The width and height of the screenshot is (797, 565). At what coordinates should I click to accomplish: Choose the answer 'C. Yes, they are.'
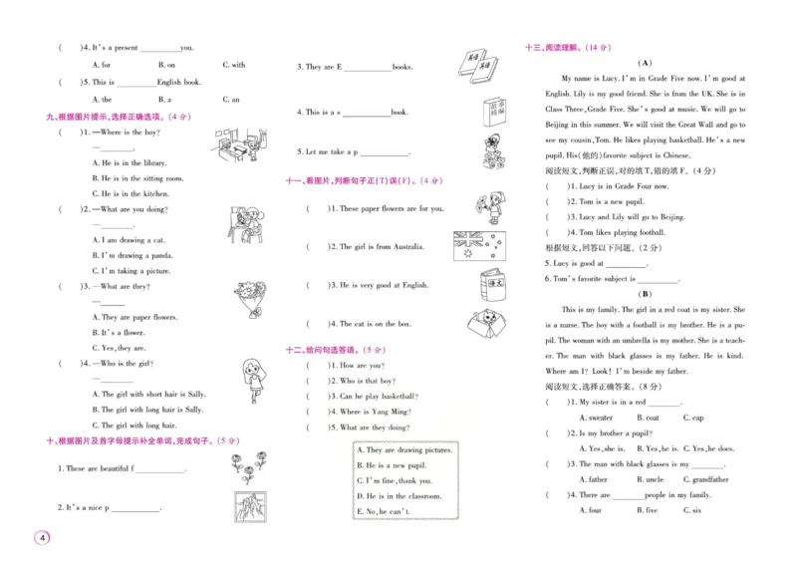tap(119, 348)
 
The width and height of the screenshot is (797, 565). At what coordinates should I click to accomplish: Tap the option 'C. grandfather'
tap(705, 479)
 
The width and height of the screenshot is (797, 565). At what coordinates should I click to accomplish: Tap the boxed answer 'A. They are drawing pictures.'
tap(403, 449)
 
